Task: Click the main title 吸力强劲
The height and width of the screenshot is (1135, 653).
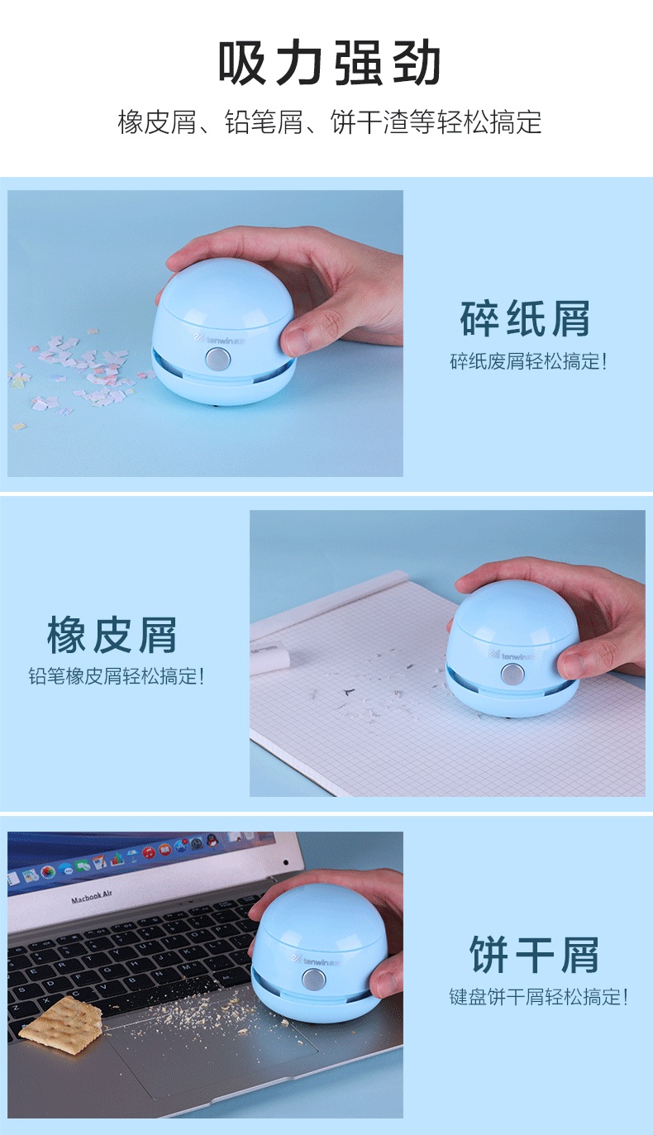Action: tap(329, 63)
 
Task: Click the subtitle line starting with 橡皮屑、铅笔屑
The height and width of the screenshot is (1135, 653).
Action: tap(330, 122)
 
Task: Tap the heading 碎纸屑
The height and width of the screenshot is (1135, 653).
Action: tap(526, 318)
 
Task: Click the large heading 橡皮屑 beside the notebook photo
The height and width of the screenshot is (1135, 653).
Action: tap(112, 635)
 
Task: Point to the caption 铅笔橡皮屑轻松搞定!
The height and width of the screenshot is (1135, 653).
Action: tap(117, 676)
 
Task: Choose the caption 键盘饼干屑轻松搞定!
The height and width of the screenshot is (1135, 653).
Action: tap(538, 997)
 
